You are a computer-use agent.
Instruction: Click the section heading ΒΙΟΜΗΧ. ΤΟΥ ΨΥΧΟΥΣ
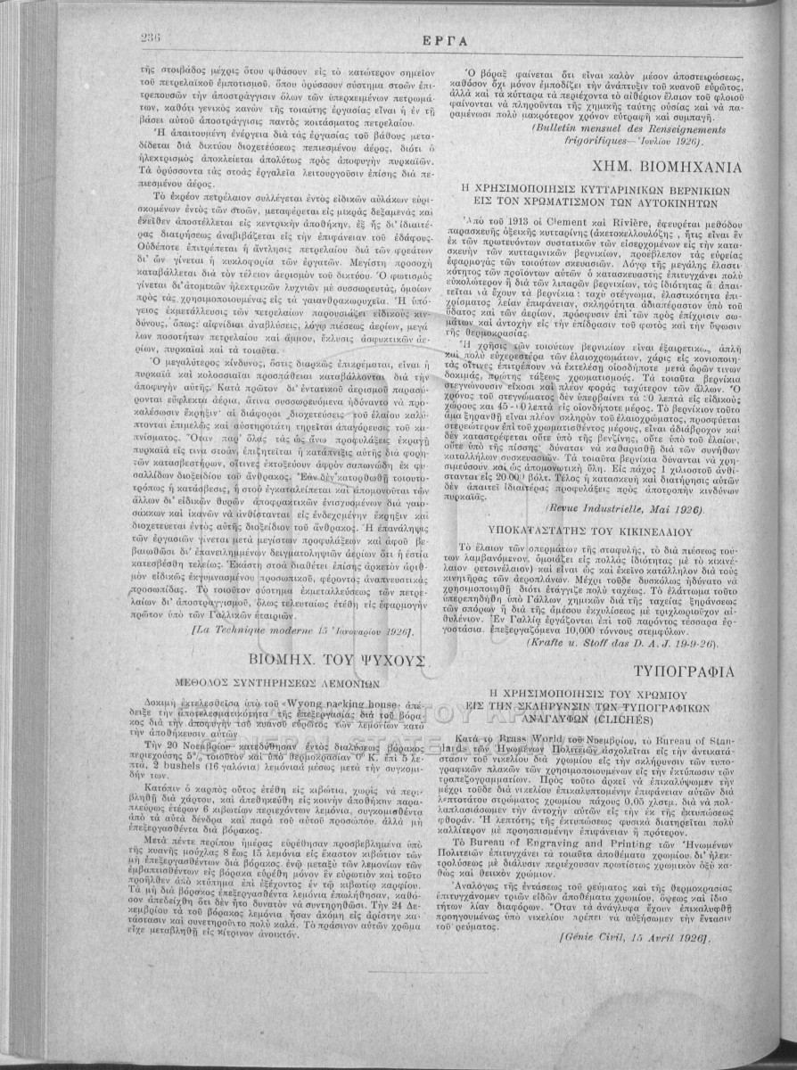coord(329,661)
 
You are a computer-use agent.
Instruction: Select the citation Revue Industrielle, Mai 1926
coord(614,509)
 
